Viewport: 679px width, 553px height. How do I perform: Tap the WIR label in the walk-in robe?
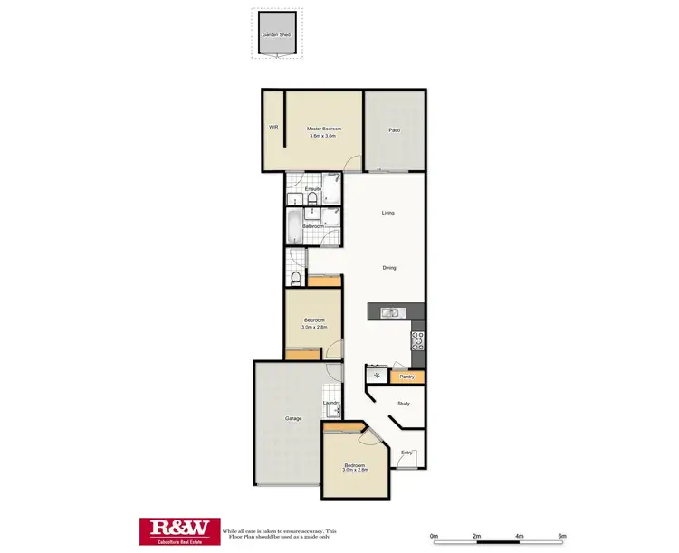(273, 128)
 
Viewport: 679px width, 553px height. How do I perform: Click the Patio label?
(395, 131)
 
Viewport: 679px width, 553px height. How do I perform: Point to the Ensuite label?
(313, 189)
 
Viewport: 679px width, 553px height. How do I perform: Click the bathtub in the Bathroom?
(294, 227)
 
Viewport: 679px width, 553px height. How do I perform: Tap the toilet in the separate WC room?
(296, 277)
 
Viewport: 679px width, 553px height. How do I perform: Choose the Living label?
(387, 214)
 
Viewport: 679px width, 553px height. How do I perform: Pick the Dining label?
(389, 268)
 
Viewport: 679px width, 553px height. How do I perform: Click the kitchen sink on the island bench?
(390, 313)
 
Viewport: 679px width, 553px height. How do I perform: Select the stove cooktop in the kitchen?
(417, 341)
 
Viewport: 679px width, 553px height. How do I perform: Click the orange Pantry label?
(406, 376)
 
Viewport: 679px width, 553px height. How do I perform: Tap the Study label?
(404, 404)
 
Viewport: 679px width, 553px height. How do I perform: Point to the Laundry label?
(330, 403)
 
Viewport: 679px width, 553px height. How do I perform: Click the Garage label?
(293, 419)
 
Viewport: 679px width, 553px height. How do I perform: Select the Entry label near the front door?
(407, 453)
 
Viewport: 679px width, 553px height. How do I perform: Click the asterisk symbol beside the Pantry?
(376, 375)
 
